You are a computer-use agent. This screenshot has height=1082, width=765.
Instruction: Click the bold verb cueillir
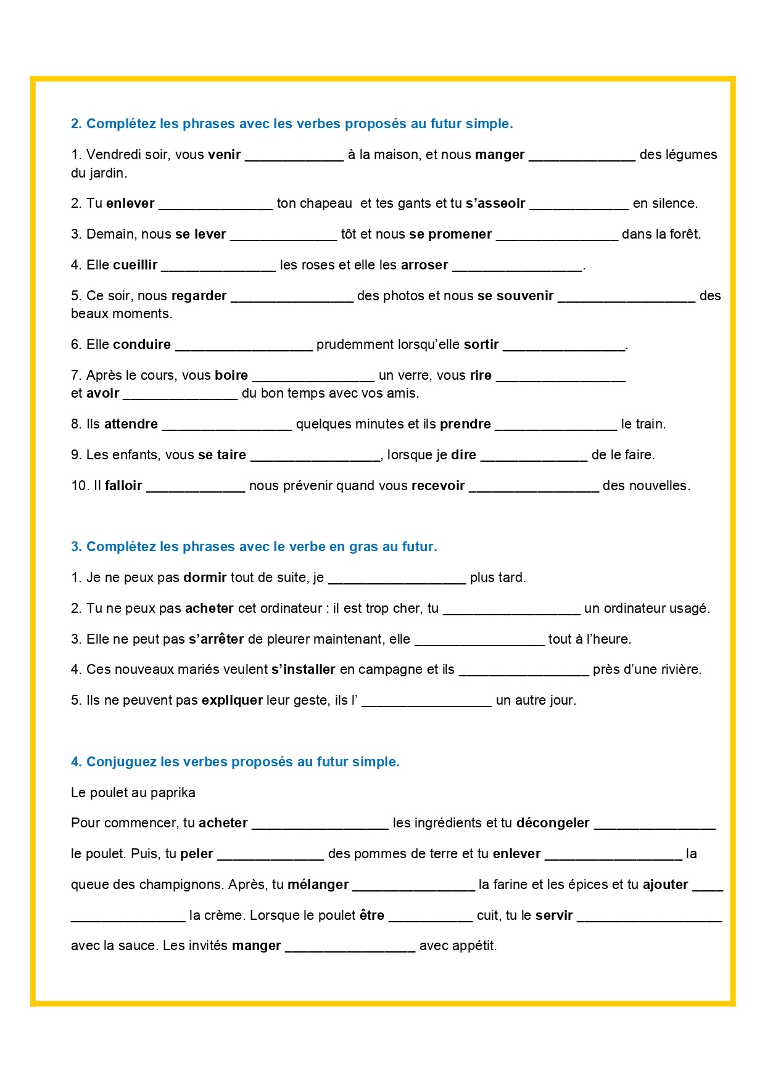(x=135, y=265)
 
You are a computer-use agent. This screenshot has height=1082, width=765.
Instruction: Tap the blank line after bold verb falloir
(x=196, y=486)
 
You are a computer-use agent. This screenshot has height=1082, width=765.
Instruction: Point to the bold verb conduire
(x=142, y=345)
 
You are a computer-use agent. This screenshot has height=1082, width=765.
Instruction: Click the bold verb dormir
(x=205, y=578)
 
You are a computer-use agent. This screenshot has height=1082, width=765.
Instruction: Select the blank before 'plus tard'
(x=397, y=579)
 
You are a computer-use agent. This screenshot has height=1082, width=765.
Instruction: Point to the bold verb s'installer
(x=304, y=670)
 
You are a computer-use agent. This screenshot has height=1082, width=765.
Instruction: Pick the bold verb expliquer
(x=232, y=700)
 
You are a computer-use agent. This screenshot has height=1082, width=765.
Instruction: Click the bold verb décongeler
(x=553, y=823)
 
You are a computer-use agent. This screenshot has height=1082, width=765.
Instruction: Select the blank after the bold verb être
(x=431, y=917)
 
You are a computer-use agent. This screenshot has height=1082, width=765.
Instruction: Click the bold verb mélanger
(x=318, y=885)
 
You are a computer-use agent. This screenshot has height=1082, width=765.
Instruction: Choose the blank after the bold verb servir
(x=649, y=917)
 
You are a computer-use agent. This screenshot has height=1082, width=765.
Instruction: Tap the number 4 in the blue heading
(x=75, y=762)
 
